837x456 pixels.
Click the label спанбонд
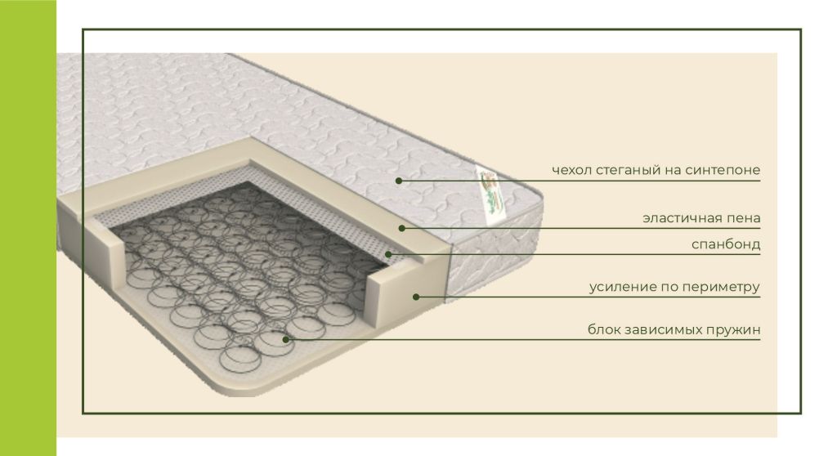click(726, 244)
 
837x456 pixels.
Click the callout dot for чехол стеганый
click(399, 181)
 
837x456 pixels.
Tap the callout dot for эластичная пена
click(402, 229)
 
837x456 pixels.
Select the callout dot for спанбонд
click(388, 254)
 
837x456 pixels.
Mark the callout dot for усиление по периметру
click(416, 297)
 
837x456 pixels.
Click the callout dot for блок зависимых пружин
click(286, 339)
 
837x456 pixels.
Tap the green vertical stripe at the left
click(28, 228)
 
